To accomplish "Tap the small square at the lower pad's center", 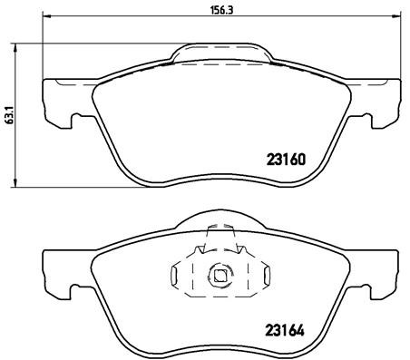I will point(220,274).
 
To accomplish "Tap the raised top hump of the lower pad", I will point(220,223).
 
